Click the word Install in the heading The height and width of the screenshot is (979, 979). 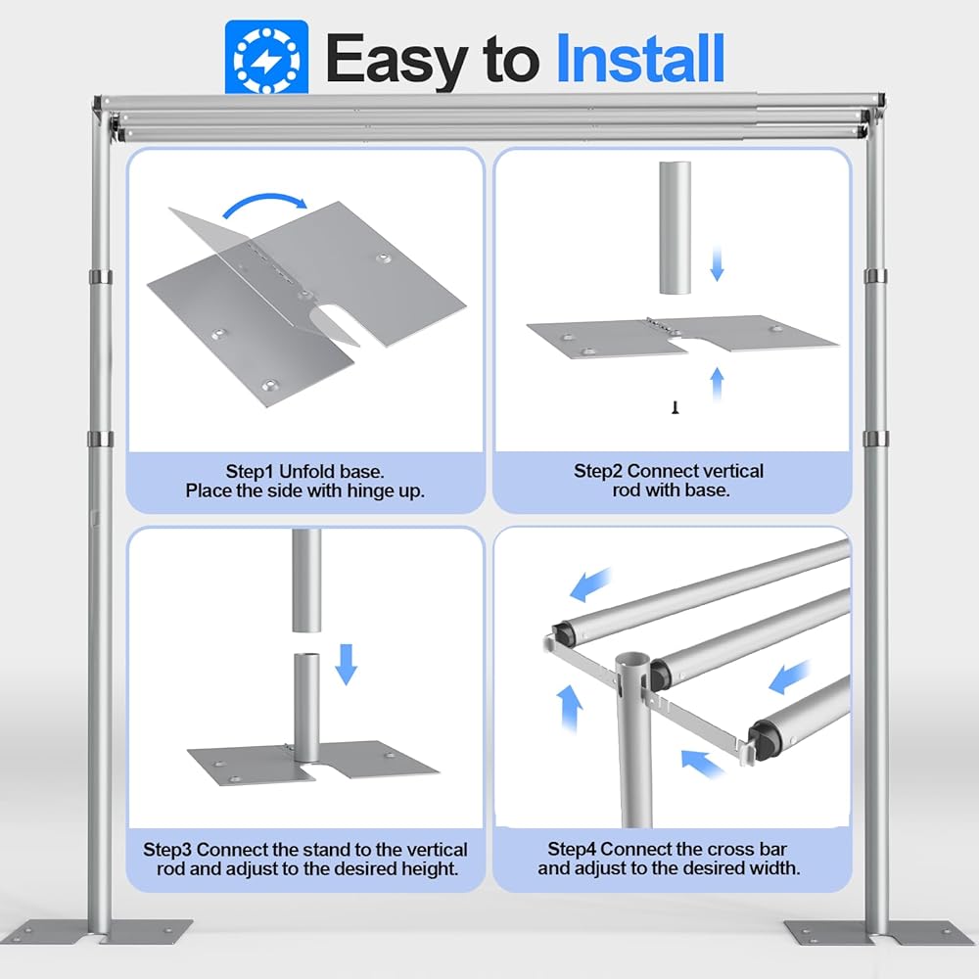[x=639, y=60]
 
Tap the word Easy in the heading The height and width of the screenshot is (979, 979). [x=397, y=61]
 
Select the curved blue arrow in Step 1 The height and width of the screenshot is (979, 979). [x=264, y=205]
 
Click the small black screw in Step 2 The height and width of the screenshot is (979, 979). [x=675, y=407]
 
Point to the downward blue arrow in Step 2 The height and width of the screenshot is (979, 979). [x=717, y=262]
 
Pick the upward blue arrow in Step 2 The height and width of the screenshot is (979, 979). [x=717, y=384]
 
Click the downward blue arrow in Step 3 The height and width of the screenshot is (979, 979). [x=346, y=665]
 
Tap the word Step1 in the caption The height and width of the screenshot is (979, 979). [x=250, y=472]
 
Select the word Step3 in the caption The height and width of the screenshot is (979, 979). [x=167, y=850]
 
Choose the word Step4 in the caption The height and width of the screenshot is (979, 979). [x=572, y=849]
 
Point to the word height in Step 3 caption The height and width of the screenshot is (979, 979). [x=430, y=869]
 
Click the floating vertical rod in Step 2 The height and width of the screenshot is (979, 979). [x=675, y=228]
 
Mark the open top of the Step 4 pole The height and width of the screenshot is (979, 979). [x=632, y=662]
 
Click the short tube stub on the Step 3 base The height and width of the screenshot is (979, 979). [x=306, y=708]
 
